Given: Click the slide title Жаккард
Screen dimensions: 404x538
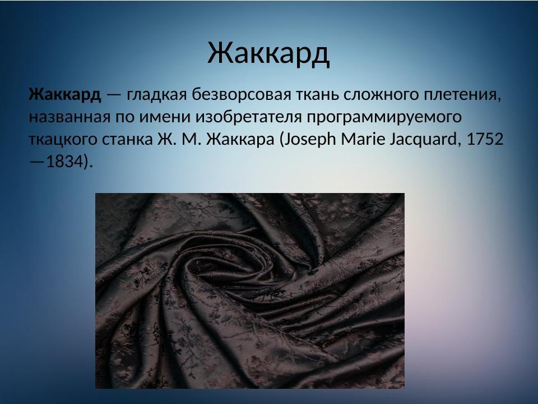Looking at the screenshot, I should (x=268, y=52).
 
